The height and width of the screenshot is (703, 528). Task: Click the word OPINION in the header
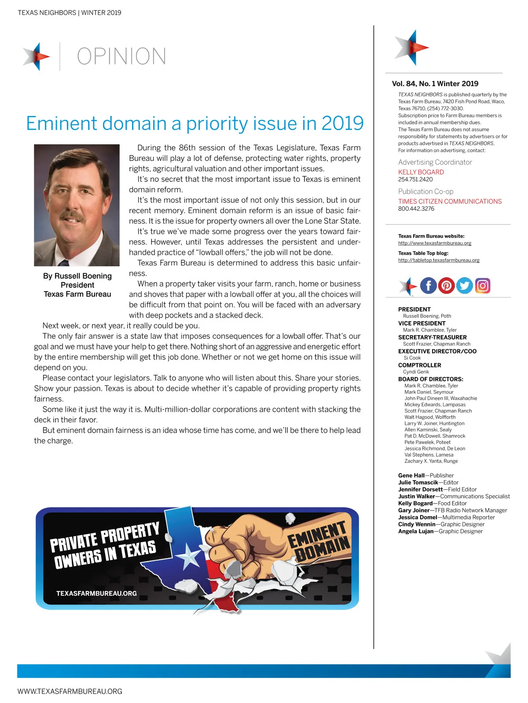pyautogui.click(x=121, y=56)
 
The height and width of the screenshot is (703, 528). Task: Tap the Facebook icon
pyautogui.click(x=428, y=286)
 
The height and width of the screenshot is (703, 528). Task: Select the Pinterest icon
pyautogui.click(x=446, y=286)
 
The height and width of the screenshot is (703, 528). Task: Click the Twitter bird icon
pyautogui.click(x=464, y=286)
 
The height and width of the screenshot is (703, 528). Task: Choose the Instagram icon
pyautogui.click(x=482, y=286)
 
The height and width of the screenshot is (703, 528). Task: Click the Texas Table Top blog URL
pyautogui.click(x=439, y=260)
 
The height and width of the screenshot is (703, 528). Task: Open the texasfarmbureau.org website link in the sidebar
pyautogui.click(x=435, y=243)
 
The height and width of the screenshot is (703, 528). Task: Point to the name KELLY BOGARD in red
pyautogui.click(x=421, y=172)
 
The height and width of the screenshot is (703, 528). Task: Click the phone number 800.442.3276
pyautogui.click(x=416, y=209)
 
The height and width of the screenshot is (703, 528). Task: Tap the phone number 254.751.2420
pyautogui.click(x=415, y=179)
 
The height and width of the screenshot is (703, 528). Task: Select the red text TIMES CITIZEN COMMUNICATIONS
pyautogui.click(x=450, y=201)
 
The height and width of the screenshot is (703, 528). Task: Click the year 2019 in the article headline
pyautogui.click(x=342, y=123)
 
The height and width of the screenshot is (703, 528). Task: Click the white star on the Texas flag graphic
pyautogui.click(x=190, y=556)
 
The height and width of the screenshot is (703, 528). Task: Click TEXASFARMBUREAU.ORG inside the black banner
pyautogui.click(x=96, y=593)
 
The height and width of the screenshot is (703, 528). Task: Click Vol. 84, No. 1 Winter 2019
pyautogui.click(x=435, y=83)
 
